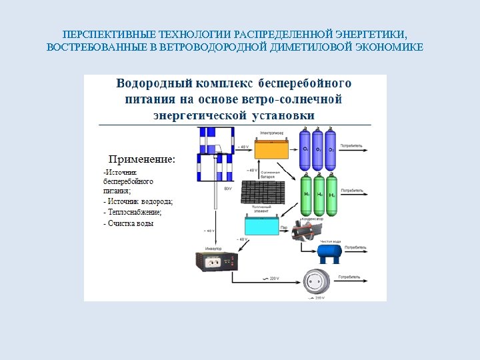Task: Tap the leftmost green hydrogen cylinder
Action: (x=307, y=194)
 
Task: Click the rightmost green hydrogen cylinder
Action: (x=331, y=194)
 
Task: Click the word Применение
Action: (x=142, y=159)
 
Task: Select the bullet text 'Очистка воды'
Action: (x=131, y=223)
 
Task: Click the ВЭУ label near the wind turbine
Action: (x=228, y=189)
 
